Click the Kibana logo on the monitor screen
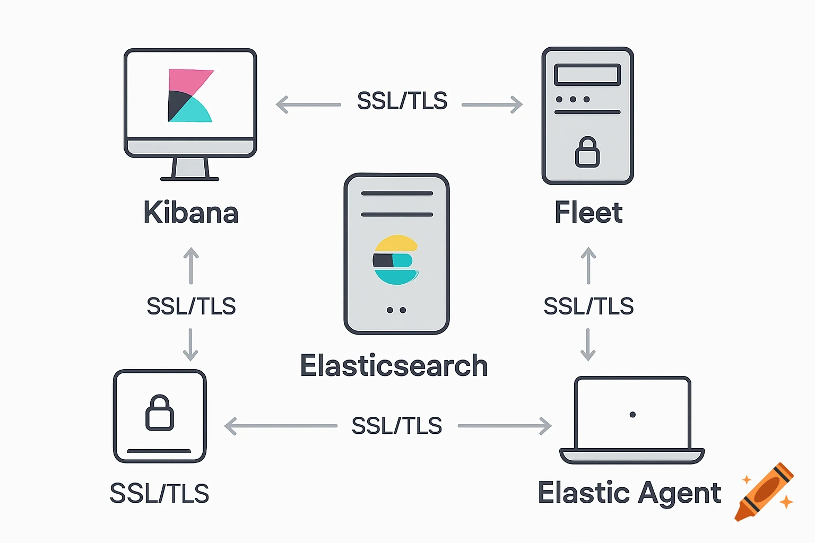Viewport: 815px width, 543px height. click(x=190, y=96)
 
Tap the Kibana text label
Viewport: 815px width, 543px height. click(x=191, y=213)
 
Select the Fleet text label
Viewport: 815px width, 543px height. click(x=588, y=213)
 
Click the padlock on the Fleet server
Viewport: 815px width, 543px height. click(x=587, y=152)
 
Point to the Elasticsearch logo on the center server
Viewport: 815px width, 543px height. click(x=396, y=260)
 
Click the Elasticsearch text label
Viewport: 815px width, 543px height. click(x=394, y=366)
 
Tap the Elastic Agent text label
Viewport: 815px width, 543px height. click(x=629, y=493)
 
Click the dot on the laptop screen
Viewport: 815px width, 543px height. click(x=632, y=415)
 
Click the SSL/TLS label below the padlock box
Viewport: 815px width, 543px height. click(x=159, y=494)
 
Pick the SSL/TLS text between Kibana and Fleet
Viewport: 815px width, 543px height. click(x=402, y=101)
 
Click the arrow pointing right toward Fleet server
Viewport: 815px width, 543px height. click(x=492, y=104)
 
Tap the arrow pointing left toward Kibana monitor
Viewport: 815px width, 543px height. click(x=308, y=104)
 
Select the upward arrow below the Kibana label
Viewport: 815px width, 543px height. click(x=191, y=265)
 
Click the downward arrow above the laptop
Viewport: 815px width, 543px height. click(x=588, y=345)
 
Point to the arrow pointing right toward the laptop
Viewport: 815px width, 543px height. click(x=505, y=426)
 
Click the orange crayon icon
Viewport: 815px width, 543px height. click(x=764, y=492)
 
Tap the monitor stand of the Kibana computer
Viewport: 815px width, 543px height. click(x=190, y=169)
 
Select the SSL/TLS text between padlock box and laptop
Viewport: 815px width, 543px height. click(x=397, y=426)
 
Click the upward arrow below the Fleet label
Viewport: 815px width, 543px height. click(x=588, y=265)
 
